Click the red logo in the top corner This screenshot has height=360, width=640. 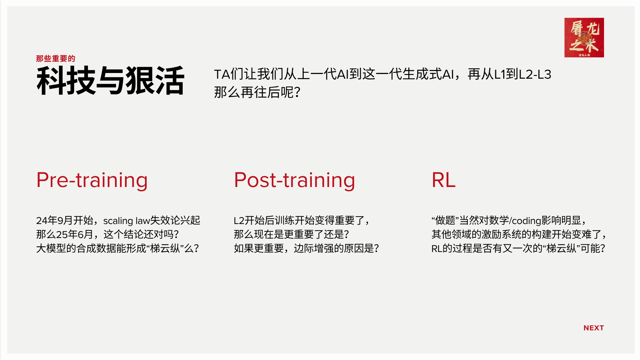(584, 37)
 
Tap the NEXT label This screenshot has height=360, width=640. (594, 328)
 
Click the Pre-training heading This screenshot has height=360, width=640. (92, 181)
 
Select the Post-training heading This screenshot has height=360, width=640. (295, 181)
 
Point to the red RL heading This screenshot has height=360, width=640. (444, 180)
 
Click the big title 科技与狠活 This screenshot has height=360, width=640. (110, 80)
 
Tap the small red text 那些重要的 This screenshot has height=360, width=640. (56, 59)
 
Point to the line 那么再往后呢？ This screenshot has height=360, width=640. (257, 92)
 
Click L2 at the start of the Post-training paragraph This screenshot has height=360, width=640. (239, 221)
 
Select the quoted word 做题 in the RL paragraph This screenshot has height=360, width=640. (445, 220)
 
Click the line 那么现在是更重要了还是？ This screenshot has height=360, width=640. (291, 235)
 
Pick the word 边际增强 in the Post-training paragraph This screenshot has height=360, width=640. (314, 249)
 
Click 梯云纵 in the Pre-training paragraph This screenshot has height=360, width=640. (165, 249)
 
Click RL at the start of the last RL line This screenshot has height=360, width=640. (437, 249)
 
